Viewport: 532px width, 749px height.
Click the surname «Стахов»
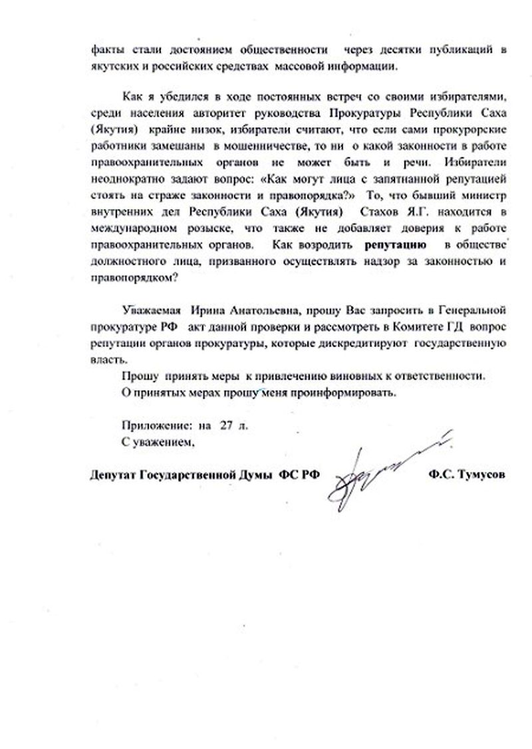pyautogui.click(x=383, y=212)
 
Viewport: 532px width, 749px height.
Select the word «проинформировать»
pyautogui.click(x=348, y=392)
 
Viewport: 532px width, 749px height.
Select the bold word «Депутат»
pyautogui.click(x=112, y=475)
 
